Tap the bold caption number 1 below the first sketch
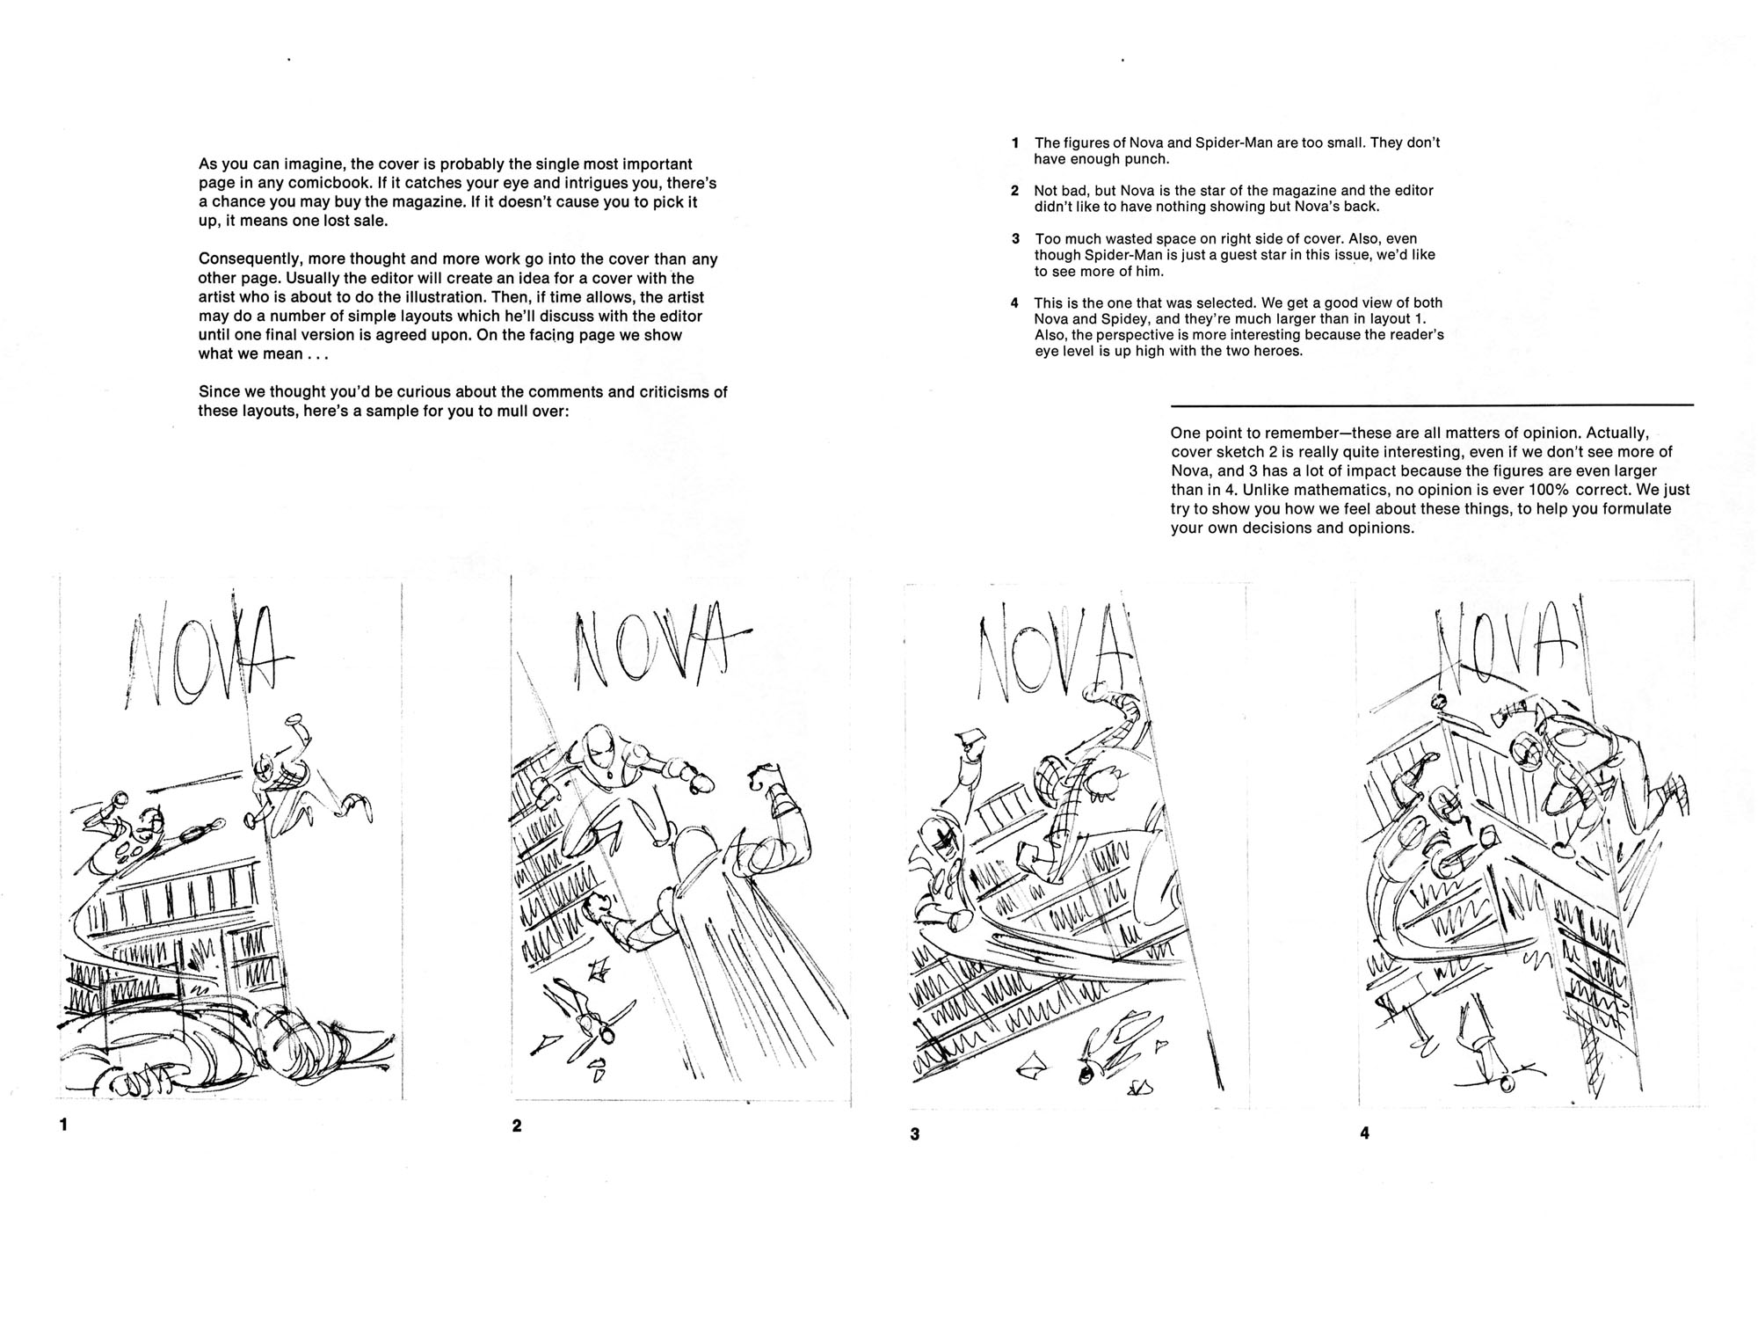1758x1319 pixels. pos(63,1124)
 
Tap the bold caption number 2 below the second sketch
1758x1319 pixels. pos(517,1126)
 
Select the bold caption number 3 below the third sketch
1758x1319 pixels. pos(914,1134)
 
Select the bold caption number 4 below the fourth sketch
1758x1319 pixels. pos(1364,1133)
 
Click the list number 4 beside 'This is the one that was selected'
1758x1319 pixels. pos(1014,303)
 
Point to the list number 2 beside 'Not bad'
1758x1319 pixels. pos(1014,191)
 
